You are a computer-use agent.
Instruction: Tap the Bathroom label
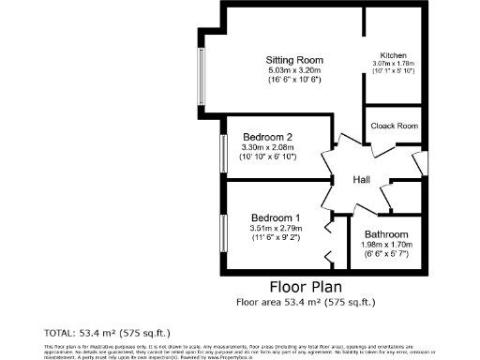tap(386, 234)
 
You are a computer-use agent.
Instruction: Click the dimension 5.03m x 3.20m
tap(292, 70)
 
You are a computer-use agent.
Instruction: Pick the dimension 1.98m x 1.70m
tap(386, 245)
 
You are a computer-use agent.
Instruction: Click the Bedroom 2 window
tap(223, 152)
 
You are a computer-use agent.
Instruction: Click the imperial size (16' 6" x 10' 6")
tap(292, 81)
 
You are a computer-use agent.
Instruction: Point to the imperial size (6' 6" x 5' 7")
tap(386, 254)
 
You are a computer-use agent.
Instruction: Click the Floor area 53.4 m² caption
tap(305, 303)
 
